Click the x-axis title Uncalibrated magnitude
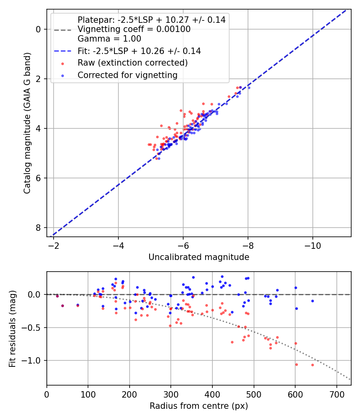pos(199,257)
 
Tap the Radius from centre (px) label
pos(199,406)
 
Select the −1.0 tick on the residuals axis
pos(34,360)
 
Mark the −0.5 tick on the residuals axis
pos(34,328)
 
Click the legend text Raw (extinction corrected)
pos(132,63)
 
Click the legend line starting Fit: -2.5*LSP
pos(139,51)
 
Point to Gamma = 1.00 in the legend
pos(109,39)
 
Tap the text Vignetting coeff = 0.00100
pos(134,29)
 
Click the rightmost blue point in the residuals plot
pos(312,301)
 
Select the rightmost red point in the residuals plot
pos(312,365)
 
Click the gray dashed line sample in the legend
pos(63,30)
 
